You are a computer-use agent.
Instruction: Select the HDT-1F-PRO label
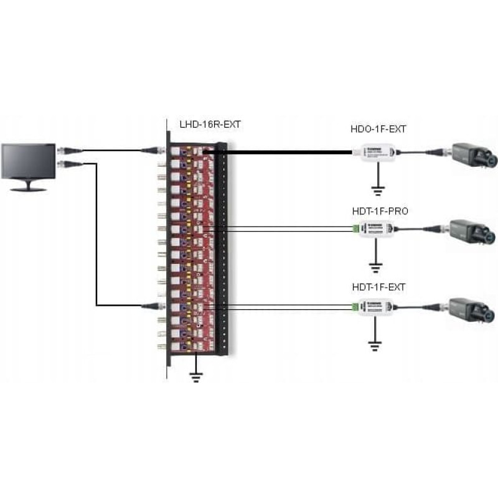click(379, 212)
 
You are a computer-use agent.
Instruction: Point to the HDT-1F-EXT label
click(378, 287)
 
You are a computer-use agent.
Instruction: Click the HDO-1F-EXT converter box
click(374, 152)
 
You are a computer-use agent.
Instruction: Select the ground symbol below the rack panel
click(195, 375)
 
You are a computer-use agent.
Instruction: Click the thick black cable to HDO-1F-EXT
click(286, 151)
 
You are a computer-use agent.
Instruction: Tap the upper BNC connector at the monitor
click(65, 150)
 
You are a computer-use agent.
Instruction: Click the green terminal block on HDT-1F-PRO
click(355, 228)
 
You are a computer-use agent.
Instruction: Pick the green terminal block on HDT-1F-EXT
click(355, 306)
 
